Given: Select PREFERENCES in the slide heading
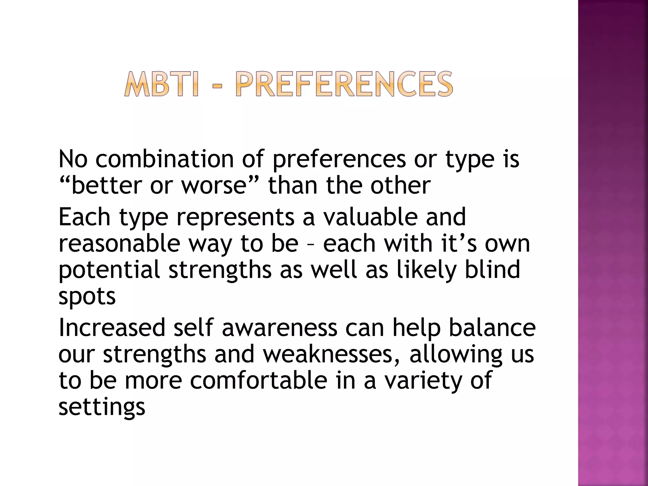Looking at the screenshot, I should pyautogui.click(x=344, y=84).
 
